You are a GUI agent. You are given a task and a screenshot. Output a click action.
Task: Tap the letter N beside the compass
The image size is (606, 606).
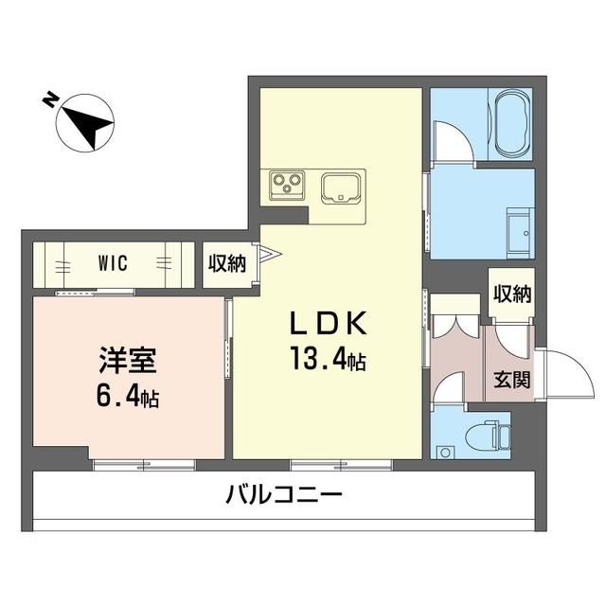click(47, 98)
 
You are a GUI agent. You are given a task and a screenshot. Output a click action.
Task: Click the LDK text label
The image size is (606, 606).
click(328, 324)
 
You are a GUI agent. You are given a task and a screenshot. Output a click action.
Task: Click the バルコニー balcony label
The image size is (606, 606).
click(283, 495)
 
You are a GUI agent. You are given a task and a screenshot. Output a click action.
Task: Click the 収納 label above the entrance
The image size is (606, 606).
click(511, 293)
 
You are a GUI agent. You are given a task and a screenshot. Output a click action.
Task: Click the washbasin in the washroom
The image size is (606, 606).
click(519, 227)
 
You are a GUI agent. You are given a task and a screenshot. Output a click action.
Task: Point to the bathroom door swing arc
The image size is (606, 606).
click(453, 143)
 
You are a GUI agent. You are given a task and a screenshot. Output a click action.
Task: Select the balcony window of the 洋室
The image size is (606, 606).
click(144, 464)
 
